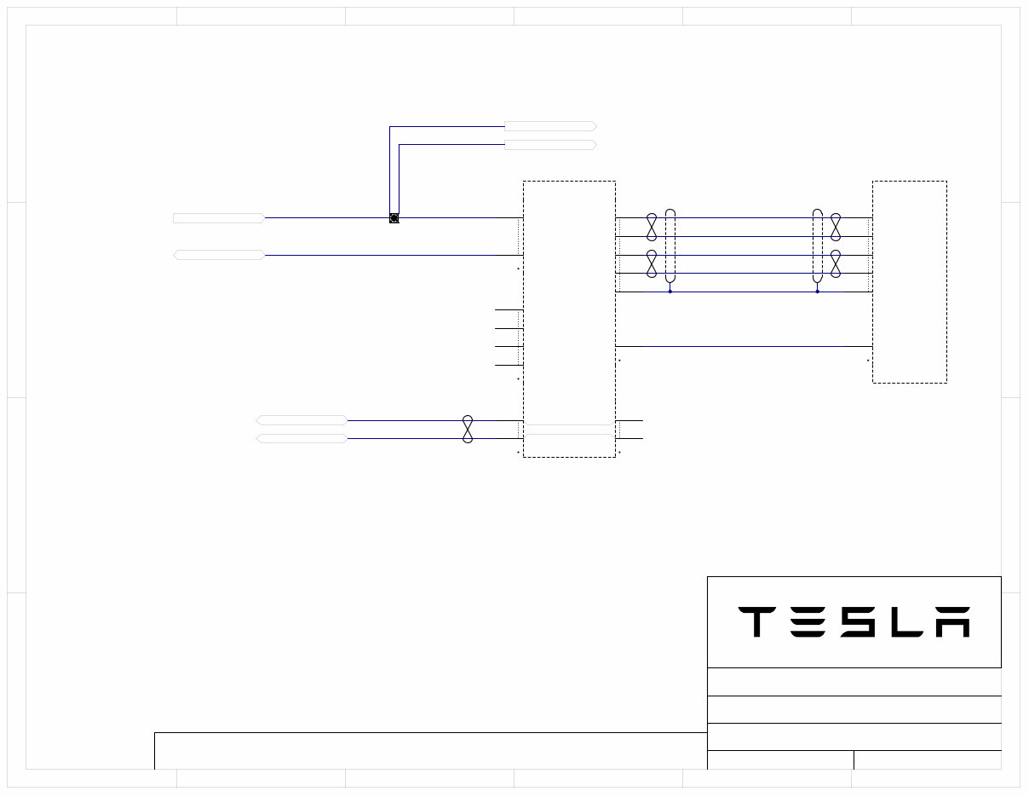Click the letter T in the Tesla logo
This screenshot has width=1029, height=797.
click(756, 622)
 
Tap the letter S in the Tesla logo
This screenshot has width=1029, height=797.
click(856, 622)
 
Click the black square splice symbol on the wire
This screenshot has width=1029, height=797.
click(394, 218)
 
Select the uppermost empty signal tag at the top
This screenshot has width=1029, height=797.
click(550, 126)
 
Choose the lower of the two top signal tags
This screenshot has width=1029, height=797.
click(550, 145)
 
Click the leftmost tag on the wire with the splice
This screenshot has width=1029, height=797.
click(218, 218)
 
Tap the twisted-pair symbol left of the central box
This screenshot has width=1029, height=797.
click(467, 429)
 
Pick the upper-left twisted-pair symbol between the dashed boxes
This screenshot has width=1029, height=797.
click(652, 227)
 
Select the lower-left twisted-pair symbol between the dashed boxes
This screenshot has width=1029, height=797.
click(652, 263)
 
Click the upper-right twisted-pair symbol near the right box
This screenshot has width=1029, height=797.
click(836, 227)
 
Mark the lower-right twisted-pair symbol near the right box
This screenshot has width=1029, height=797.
click(836, 263)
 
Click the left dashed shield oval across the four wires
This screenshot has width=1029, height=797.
click(670, 245)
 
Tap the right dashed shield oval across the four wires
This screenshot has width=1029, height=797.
click(818, 245)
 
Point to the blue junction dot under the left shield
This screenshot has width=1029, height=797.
click(670, 292)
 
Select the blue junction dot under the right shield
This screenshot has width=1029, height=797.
click(818, 292)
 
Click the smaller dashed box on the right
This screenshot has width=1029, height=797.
click(909, 281)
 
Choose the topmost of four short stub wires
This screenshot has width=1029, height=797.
click(509, 309)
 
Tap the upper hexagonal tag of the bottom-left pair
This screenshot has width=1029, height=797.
click(302, 420)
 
